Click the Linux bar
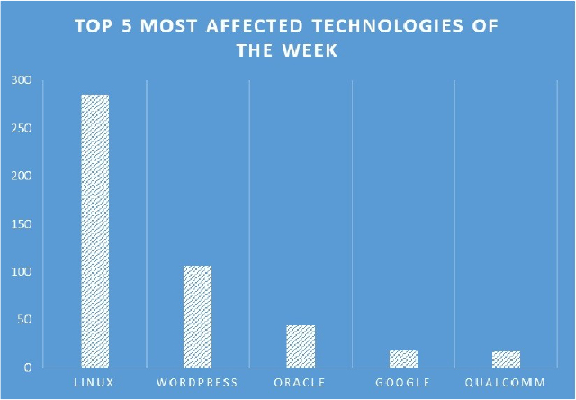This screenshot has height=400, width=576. click(95, 231)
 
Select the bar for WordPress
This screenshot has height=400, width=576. click(198, 316)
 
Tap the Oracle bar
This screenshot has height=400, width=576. click(301, 346)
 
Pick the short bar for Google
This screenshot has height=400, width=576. click(404, 359)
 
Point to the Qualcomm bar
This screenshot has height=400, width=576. click(506, 359)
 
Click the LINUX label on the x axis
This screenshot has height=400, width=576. click(94, 382)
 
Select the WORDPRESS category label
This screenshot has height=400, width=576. click(197, 382)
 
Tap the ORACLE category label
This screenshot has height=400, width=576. click(300, 382)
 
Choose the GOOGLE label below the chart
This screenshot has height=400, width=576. click(403, 382)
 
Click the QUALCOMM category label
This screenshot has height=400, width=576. click(505, 382)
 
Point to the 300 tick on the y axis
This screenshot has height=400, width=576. click(22, 80)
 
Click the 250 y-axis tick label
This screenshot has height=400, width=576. click(22, 128)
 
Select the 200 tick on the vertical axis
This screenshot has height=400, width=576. click(22, 176)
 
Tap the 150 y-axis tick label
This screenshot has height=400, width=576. click(22, 224)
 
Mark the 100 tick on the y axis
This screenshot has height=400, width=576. click(22, 272)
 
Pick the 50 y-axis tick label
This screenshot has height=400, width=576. click(25, 320)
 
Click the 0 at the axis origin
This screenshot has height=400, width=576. click(28, 368)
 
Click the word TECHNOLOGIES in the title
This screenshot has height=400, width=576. click(388, 26)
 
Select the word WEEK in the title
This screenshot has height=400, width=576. click(310, 50)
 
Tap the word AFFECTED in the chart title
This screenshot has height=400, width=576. click(255, 26)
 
